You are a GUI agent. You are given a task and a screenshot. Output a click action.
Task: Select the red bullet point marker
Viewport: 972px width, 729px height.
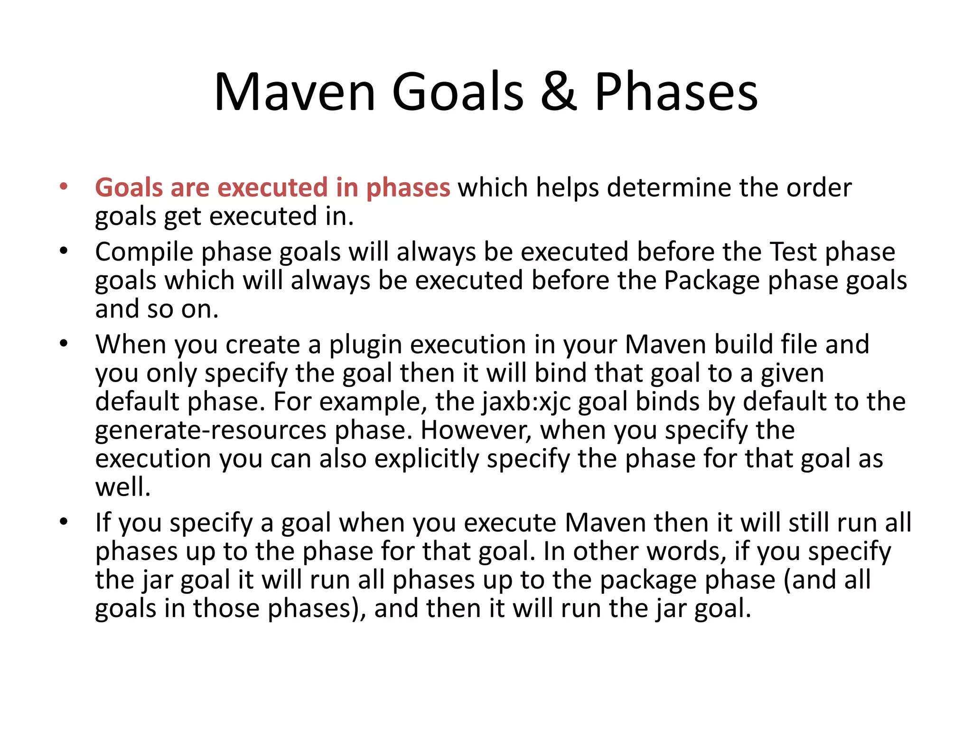64,186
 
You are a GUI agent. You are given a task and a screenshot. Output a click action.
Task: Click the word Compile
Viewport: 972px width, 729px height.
144,252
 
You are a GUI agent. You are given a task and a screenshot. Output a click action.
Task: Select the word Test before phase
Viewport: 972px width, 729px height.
793,252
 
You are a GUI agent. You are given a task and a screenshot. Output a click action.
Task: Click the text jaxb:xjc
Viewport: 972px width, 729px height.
526,402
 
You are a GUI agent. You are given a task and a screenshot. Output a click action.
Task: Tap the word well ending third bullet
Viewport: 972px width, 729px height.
122,487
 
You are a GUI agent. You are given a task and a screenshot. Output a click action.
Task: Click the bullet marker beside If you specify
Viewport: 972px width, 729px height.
64,522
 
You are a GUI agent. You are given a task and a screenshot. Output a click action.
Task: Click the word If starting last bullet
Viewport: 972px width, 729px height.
103,523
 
